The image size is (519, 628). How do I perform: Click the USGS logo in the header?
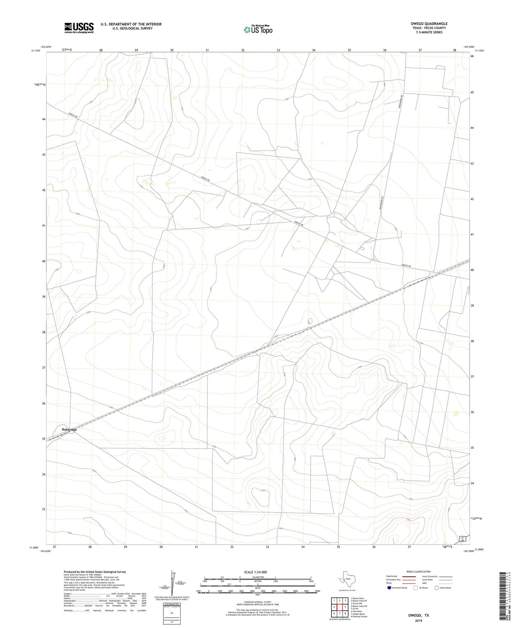point(79,28)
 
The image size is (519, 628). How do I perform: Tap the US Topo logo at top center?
point(258,29)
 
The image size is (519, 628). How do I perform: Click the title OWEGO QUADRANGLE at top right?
point(429,24)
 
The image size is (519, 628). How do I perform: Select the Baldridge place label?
point(69,429)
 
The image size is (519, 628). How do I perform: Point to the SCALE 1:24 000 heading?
point(255,572)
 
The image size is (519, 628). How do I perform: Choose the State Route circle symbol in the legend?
point(437,588)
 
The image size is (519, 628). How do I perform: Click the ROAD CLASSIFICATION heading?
point(418,572)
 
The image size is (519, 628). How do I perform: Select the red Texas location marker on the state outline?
point(344,579)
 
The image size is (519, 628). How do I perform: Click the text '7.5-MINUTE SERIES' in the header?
point(429,32)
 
